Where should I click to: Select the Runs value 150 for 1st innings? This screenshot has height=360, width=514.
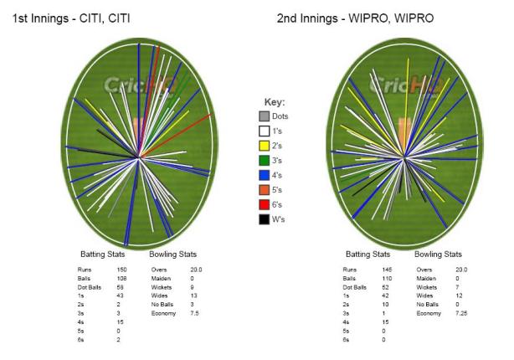(120, 270)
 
